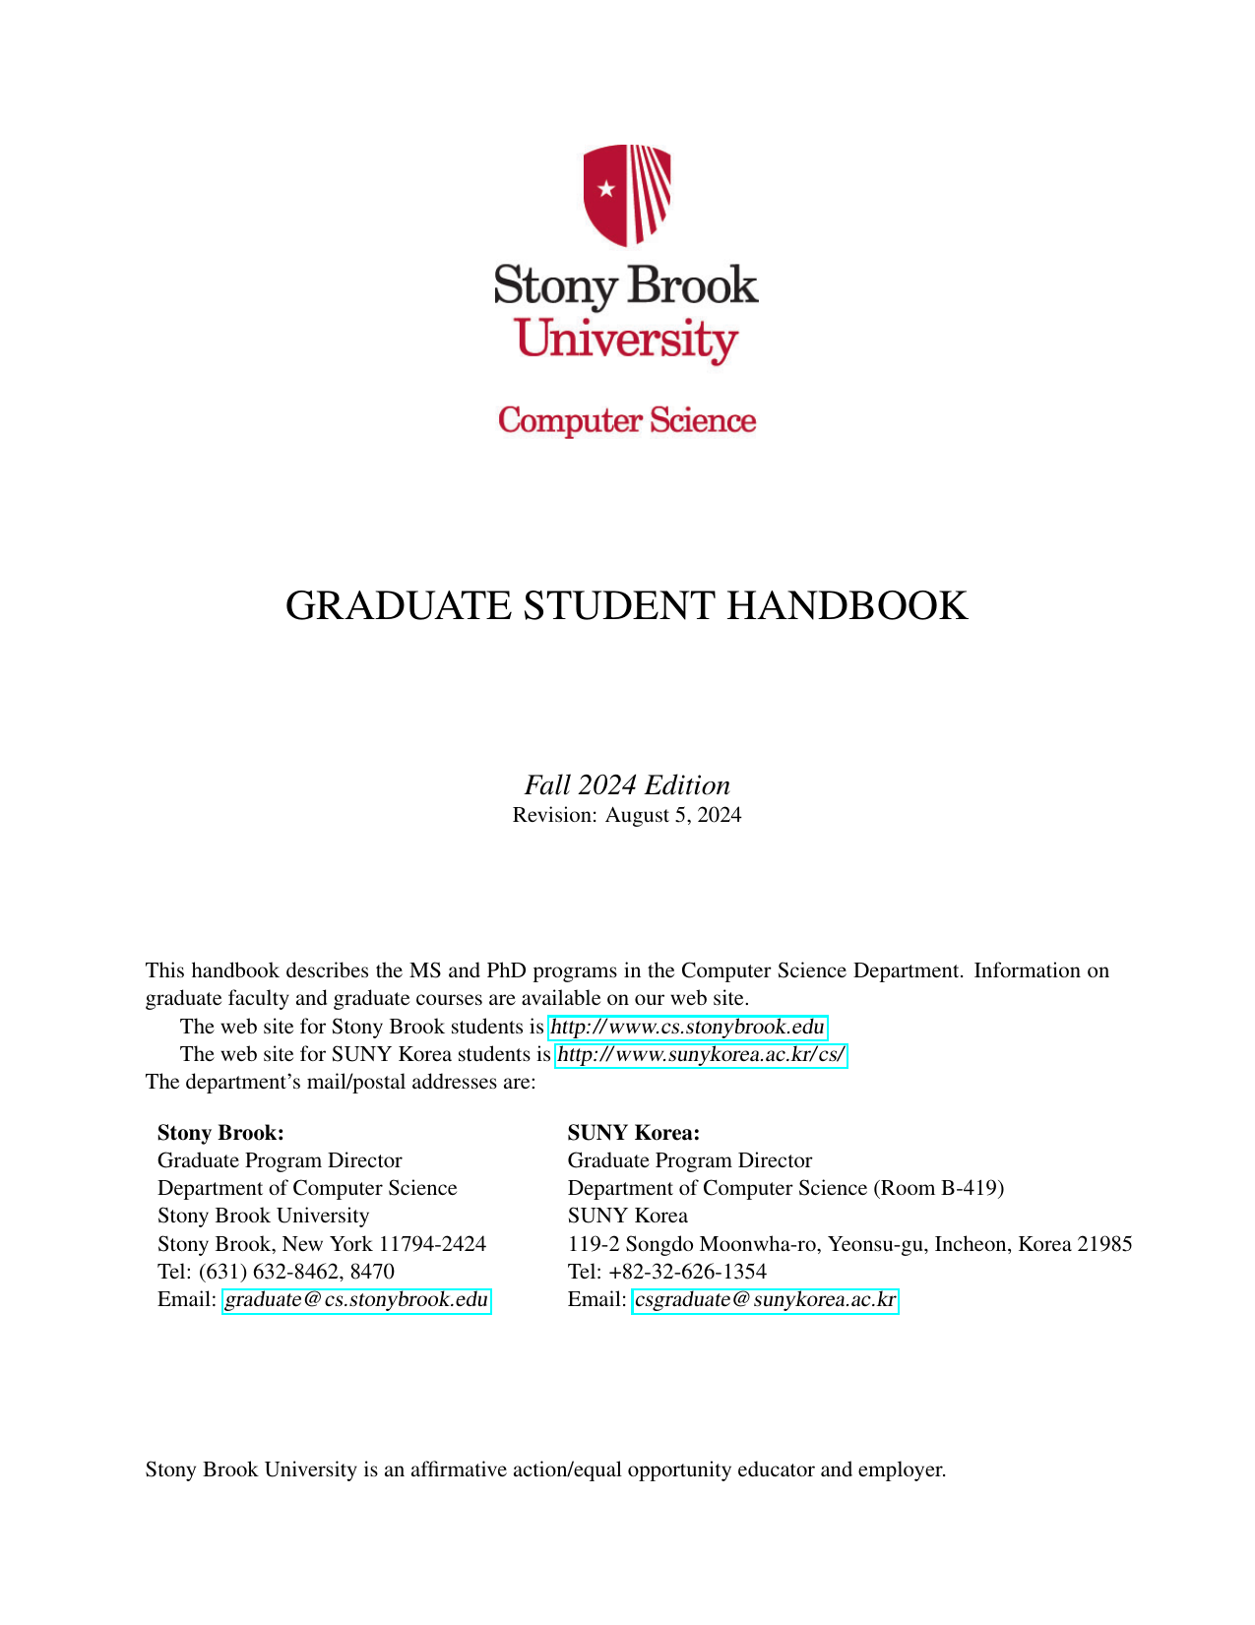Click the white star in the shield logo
pos(606,189)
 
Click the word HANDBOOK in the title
pos(847,606)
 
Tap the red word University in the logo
pos(626,341)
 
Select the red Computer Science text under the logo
pos(627,420)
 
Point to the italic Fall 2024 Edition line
pos(627,785)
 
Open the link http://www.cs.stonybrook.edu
pos(687,1028)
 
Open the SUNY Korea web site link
pos(702,1055)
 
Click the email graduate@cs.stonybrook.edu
pos(356,1300)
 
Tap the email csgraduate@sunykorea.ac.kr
pos(765,1300)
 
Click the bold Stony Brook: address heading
pos(220,1133)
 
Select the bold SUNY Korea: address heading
pos(634,1133)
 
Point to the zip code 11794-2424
pos(432,1244)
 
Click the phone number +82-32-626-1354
pos(688,1272)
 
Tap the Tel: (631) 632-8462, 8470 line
pos(276,1272)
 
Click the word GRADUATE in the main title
pos(399,606)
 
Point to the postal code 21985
pos(1104,1244)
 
